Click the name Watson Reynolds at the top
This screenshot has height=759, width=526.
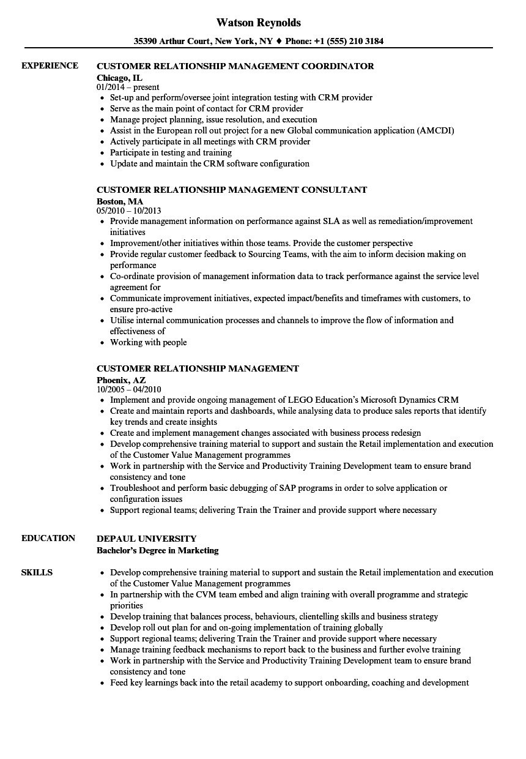click(259, 23)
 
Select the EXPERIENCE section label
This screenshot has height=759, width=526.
click(50, 66)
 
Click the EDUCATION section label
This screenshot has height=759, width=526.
click(48, 539)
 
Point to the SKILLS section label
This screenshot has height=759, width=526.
click(37, 573)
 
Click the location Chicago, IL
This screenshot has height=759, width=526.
click(119, 77)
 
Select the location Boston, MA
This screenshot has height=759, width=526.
click(120, 201)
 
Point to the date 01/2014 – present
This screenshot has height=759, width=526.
click(128, 88)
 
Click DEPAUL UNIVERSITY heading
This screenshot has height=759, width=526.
click(147, 539)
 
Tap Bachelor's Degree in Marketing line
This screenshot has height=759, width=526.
click(158, 550)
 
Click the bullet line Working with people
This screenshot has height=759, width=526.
click(149, 343)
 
